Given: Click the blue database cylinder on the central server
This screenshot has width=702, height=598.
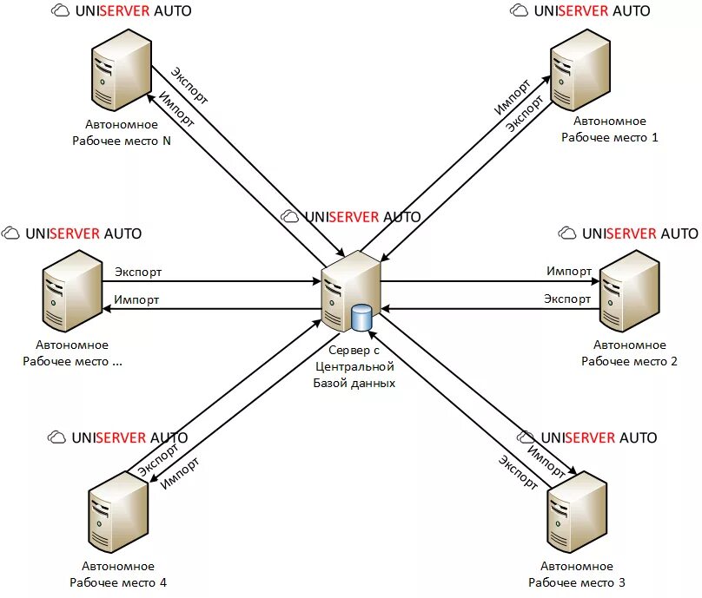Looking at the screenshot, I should click(361, 318).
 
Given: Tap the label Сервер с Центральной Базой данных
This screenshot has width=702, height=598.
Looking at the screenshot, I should click(354, 366).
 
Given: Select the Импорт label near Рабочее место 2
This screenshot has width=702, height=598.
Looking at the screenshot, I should click(569, 272).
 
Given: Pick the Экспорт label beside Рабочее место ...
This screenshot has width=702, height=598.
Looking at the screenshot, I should click(138, 273).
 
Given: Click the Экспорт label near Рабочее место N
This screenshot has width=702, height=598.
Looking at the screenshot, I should click(189, 85).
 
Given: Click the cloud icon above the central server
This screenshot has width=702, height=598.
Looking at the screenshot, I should click(291, 217).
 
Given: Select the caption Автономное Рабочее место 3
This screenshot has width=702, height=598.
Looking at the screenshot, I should click(577, 575).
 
